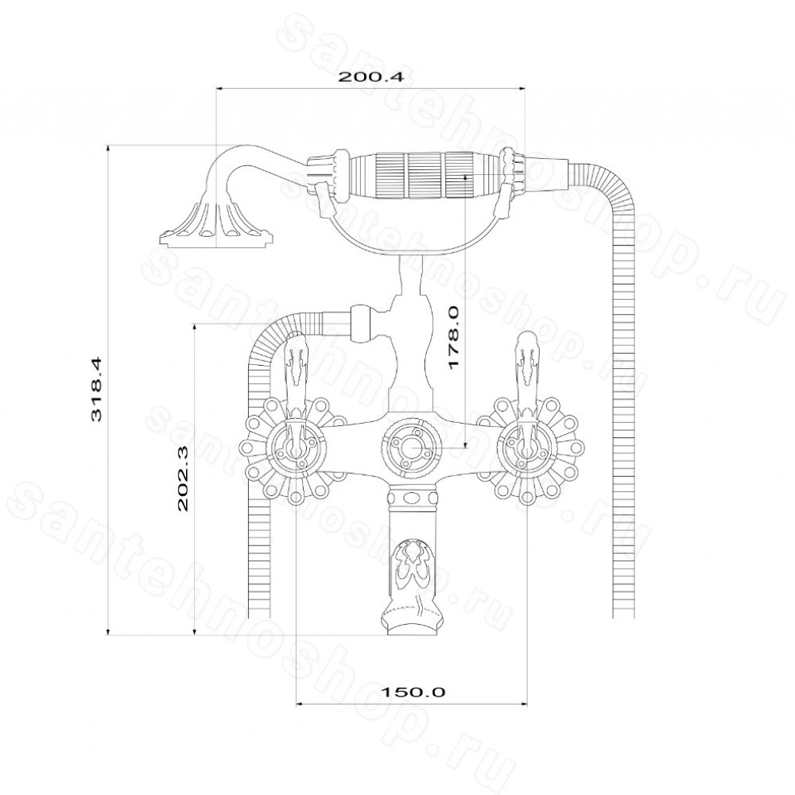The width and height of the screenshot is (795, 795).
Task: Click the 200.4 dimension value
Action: (370, 77)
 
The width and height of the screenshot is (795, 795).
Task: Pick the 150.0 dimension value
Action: (413, 692)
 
